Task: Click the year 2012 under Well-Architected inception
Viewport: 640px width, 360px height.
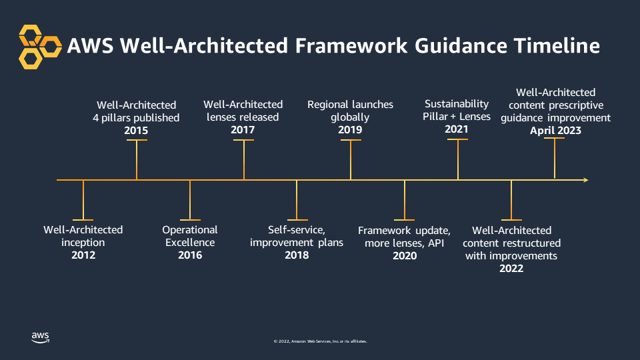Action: [x=83, y=255]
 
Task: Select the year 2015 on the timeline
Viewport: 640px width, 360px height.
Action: [x=136, y=131]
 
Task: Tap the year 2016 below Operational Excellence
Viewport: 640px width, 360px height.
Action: [x=190, y=255]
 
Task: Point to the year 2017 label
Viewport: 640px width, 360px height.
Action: [x=243, y=130]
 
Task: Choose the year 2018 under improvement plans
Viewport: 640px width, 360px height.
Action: [x=297, y=255]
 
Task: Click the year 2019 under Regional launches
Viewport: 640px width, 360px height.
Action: [x=350, y=130]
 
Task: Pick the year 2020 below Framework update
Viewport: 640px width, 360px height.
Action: [x=405, y=256]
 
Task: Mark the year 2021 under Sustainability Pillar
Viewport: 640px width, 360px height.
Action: [x=457, y=129]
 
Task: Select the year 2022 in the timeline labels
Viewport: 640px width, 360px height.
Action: [x=511, y=268]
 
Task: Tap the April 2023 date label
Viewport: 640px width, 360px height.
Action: [x=555, y=131]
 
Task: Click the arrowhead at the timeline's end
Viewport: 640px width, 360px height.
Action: [x=585, y=180]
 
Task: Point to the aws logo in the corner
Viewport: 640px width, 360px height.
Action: [x=40, y=337]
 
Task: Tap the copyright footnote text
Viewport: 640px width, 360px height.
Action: [x=320, y=341]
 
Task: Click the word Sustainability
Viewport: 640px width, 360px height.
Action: [x=457, y=104]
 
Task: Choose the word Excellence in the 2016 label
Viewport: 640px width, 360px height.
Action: [x=190, y=243]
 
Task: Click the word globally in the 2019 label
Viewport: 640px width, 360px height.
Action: [x=350, y=117]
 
